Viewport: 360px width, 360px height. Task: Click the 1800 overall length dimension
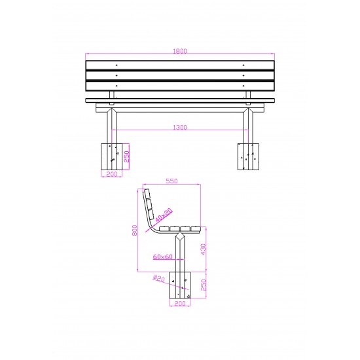180,50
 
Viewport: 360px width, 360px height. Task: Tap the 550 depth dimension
171,181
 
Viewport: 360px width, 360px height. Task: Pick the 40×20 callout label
164,214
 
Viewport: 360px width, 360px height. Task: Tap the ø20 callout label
158,278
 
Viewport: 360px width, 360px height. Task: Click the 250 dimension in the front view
126,156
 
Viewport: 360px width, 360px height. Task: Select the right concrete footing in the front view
248,156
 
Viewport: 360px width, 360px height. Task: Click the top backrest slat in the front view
180,65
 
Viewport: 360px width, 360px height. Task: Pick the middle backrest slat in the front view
180,76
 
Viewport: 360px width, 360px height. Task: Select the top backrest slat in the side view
147,194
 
